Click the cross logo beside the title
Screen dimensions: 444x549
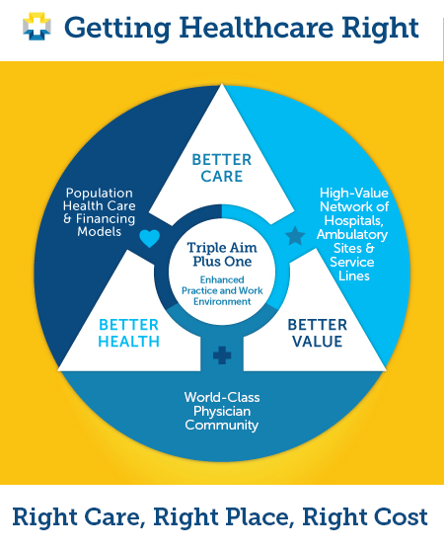pos(37,27)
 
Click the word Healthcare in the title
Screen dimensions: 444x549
pos(257,28)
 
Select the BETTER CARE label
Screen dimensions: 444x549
pos(222,168)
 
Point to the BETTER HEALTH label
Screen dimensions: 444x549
pos(128,333)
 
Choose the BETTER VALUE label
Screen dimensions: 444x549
pos(318,333)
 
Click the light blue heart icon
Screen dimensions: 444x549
pos(150,238)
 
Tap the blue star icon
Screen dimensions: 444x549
pos(295,236)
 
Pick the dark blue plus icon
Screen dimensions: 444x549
pos(222,355)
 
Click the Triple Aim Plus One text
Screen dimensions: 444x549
pos(222,255)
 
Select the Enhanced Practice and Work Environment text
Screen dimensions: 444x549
pos(222,290)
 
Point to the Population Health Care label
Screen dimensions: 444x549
pos(100,199)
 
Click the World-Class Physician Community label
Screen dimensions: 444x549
pos(222,411)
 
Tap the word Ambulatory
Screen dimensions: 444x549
pos(352,234)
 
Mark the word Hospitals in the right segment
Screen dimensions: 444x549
pos(354,220)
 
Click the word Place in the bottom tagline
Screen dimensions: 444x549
pos(259,516)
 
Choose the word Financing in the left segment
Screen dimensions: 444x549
pos(106,219)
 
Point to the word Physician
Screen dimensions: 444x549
pos(222,412)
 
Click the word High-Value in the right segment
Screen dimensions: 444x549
pos(354,193)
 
